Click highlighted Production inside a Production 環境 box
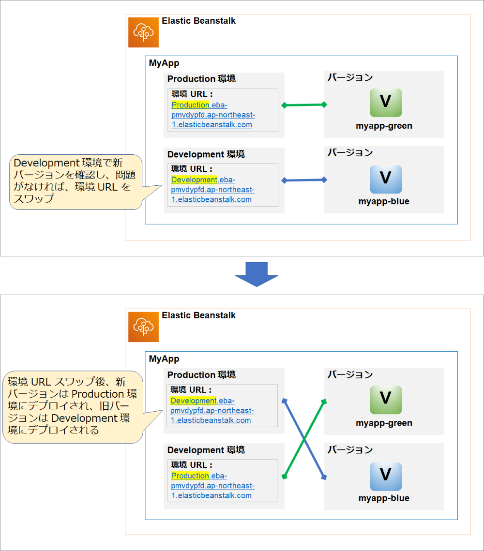point(190,105)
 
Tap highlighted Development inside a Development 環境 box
point(194,180)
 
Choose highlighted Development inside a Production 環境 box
point(193,401)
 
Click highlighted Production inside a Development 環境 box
point(190,476)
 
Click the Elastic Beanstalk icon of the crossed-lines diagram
point(143,327)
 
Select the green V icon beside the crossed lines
point(385,400)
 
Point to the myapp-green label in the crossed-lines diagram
point(384,423)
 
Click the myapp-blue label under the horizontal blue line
point(384,201)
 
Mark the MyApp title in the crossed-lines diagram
point(164,358)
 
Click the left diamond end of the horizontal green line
point(285,105)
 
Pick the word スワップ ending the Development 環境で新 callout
point(34,198)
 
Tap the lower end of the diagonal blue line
point(324,477)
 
